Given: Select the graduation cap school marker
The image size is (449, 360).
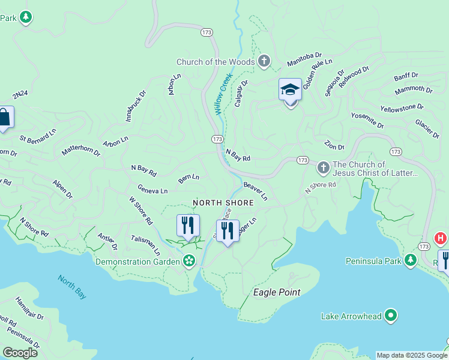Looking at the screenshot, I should [x=290, y=91].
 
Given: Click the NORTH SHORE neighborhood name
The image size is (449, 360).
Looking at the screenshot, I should [x=223, y=203].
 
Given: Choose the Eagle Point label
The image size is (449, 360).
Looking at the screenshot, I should [x=276, y=292].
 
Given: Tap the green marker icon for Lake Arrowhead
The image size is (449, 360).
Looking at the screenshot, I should [x=391, y=315].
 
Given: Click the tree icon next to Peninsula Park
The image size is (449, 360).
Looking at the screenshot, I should [x=411, y=260].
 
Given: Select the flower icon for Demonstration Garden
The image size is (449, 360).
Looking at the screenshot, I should [x=189, y=261].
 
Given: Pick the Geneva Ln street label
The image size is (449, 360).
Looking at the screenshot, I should [x=152, y=190].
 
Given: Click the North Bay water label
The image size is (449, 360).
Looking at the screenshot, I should [x=72, y=286].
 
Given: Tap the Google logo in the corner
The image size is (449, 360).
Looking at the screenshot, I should [x=20, y=352].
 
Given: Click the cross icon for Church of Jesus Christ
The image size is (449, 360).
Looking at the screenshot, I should [x=323, y=167].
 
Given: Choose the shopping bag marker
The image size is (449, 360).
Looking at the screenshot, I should [x=4, y=118].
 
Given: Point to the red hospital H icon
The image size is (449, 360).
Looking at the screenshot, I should [x=441, y=239].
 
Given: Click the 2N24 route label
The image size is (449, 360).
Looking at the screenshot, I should [x=20, y=95].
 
